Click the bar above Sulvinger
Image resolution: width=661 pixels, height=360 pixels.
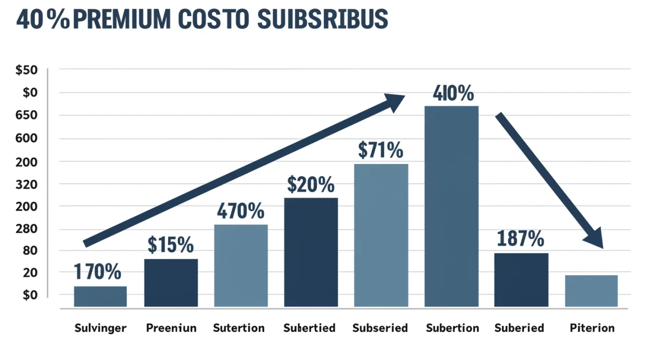pos(100,296)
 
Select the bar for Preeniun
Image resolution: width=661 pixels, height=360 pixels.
pos(171,282)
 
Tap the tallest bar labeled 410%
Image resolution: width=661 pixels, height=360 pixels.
pos(451,206)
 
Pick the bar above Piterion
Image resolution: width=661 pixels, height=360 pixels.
pos(591,291)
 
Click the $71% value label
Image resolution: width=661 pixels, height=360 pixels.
pos(381,150)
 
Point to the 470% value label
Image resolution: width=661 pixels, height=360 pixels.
pos(240,211)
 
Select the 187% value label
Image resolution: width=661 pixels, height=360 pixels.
pos(521,239)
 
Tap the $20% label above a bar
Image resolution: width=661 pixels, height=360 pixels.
pos(311,184)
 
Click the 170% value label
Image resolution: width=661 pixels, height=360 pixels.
pos(97,272)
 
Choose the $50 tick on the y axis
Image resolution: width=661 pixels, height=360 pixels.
pos(27,70)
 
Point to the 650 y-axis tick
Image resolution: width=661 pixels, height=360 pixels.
pos(26,116)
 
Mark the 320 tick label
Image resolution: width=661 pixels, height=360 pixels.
pos(26,184)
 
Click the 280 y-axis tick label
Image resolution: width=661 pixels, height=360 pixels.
pos(26,229)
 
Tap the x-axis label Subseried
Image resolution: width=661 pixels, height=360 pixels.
pos(380,328)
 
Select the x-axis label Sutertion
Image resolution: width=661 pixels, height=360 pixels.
pos(239,328)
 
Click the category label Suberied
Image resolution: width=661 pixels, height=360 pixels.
pos(519,328)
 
